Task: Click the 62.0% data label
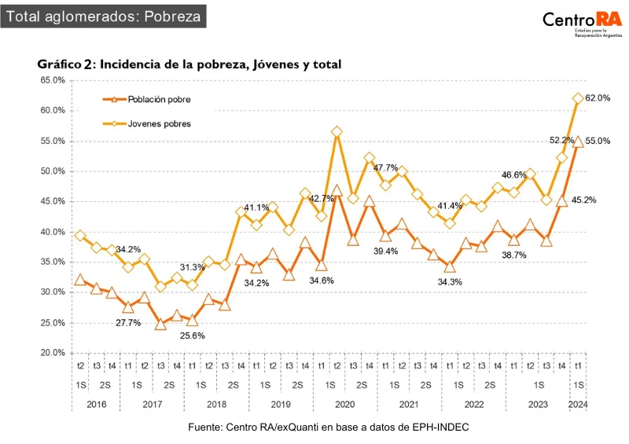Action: pyautogui.click(x=598, y=97)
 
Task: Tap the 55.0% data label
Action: pyautogui.click(x=598, y=141)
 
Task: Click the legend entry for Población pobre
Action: pyautogui.click(x=150, y=100)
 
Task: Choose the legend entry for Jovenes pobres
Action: pyautogui.click(x=150, y=123)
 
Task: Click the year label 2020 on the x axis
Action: pyautogui.click(x=344, y=405)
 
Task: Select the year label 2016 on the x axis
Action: pyautogui.click(x=96, y=405)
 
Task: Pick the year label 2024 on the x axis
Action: pyautogui.click(x=578, y=405)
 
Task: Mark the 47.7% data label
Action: pyautogui.click(x=385, y=167)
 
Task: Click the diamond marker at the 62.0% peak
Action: pyautogui.click(x=578, y=98)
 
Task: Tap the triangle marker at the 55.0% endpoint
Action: pyautogui.click(x=578, y=141)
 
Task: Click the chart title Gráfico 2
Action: pyautogui.click(x=189, y=65)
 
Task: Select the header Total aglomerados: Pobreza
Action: pyautogui.click(x=103, y=16)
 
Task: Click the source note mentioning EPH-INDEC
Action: pyautogui.click(x=329, y=427)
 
